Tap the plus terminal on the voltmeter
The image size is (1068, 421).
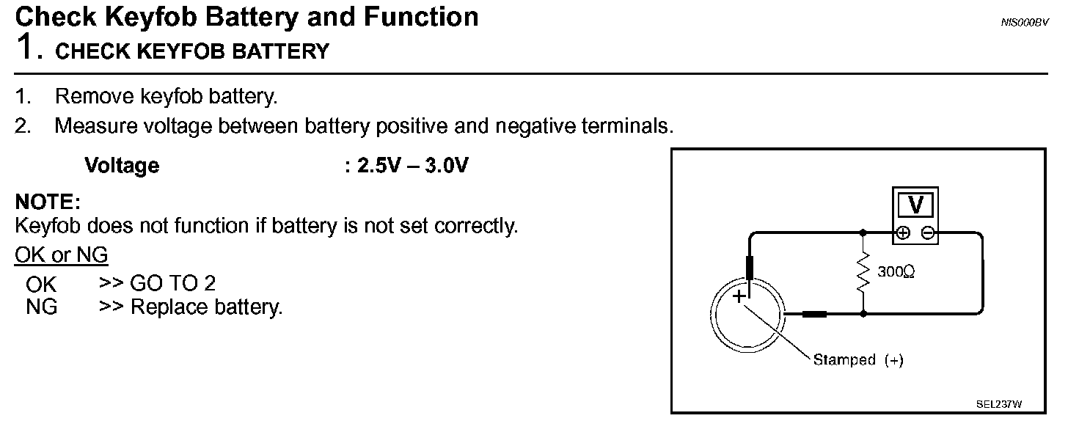pos(904,233)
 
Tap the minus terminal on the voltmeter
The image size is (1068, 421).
pos(928,233)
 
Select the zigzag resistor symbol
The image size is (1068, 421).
pos(863,272)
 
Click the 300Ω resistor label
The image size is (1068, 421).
pos(896,272)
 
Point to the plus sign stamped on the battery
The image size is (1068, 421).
pos(739,296)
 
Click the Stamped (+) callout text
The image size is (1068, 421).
pos(857,360)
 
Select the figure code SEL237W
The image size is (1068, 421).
pos(999,404)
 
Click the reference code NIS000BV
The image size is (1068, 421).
pos(1024,23)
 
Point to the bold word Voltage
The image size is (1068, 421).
pos(122,166)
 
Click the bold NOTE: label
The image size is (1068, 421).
pos(47,202)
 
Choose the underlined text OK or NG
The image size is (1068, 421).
pos(61,255)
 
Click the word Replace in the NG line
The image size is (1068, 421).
pos(167,307)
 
